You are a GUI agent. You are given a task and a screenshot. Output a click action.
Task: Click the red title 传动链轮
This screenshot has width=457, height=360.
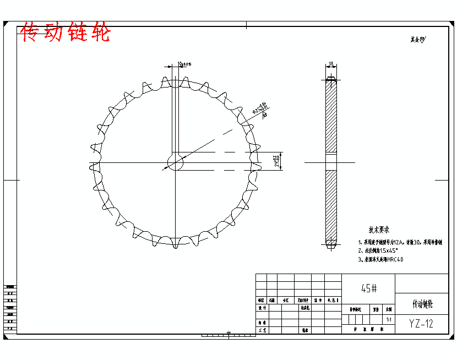pos(66,33)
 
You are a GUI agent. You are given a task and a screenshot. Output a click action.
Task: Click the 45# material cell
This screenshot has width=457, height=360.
pos(369,288)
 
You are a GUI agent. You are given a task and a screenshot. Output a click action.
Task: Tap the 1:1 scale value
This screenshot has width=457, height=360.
pos(389,319)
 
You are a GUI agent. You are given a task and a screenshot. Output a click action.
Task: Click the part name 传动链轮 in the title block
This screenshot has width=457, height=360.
pos(422,303)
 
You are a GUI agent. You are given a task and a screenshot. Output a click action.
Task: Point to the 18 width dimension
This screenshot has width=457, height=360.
pos(331,64)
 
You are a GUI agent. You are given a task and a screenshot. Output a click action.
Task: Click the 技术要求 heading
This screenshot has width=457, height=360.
pos(379,230)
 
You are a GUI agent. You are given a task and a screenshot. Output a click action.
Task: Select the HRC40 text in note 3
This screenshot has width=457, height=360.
pos(395,259)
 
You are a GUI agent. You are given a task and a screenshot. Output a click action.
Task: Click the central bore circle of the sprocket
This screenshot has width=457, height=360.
pos(175,162)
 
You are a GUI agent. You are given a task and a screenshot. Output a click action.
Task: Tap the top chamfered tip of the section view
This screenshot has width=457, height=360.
pos(331,80)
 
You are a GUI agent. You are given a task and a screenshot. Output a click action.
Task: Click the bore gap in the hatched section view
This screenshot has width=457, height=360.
pos(331,162)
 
